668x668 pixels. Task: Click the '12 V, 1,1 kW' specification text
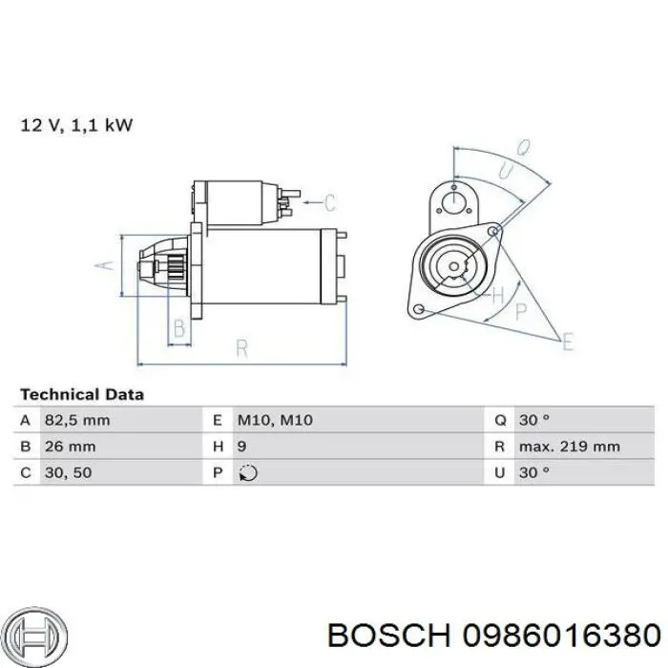point(76,125)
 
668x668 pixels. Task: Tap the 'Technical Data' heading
point(82,394)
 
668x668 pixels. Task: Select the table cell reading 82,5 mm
point(77,420)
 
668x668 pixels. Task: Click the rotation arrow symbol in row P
point(246,472)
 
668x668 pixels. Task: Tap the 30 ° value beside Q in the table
point(534,420)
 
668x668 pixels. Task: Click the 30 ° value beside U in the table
point(534,471)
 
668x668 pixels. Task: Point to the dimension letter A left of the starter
point(108,266)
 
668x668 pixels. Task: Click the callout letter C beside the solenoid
point(330,202)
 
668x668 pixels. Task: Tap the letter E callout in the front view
point(569,342)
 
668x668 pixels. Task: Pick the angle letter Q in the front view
point(523,148)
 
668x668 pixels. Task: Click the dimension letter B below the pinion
point(177,330)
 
